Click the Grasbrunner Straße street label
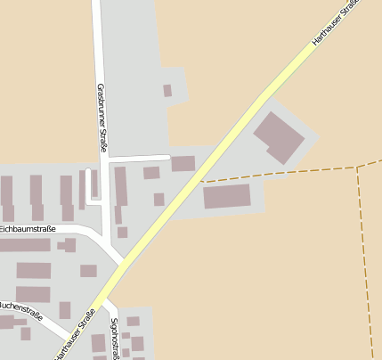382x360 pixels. (102, 118)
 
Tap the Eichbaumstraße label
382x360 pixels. (28, 229)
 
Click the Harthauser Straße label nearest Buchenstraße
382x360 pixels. (75, 334)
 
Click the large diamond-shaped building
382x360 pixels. (280, 136)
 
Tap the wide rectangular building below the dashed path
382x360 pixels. (227, 197)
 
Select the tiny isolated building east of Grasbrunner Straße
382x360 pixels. (167, 90)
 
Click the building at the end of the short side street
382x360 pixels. (183, 163)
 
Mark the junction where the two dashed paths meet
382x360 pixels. (357, 166)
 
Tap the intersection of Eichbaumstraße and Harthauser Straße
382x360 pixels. (120, 263)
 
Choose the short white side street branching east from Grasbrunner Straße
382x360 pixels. (138, 158)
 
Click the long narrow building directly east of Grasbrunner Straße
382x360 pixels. (120, 186)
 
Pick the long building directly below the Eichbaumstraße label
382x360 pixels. (25, 245)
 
